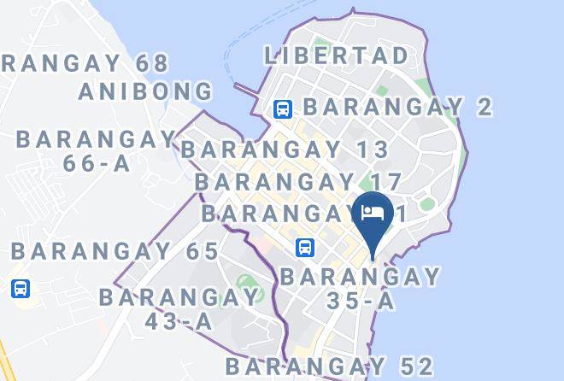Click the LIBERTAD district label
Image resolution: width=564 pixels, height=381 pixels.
pos(337,56)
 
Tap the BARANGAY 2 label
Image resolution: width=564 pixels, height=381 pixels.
pos(398,107)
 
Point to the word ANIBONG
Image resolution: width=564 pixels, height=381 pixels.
pos(145,91)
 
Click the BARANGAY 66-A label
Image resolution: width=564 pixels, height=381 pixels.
pos(96,150)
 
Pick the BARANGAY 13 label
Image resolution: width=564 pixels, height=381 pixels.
pos(285,149)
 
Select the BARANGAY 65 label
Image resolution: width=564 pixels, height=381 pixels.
pos(115,252)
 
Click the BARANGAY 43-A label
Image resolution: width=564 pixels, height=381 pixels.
pos(179,308)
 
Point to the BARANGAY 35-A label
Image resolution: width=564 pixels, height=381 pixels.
pos(360,289)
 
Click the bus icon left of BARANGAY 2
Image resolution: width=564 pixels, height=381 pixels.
pos(283,108)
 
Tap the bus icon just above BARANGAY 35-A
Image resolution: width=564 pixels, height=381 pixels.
pos(305,248)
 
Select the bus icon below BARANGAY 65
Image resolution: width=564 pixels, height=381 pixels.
pos(21,288)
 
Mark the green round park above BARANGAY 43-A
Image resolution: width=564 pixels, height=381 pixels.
pos(247,282)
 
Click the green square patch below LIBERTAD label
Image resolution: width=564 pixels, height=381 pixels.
pos(382,88)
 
